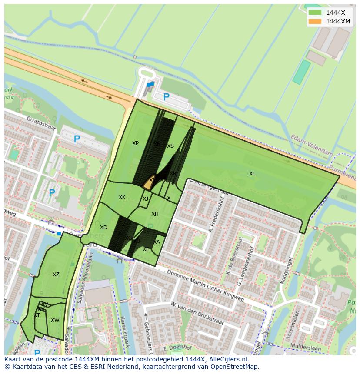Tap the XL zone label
pos(252,174)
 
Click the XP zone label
pos(135,143)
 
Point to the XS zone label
pos(170,146)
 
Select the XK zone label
pos(122,197)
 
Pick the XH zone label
pos(155,214)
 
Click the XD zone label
pos(103,228)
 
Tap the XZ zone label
pos(56,275)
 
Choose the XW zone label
pos(55,320)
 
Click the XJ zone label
pos(145,199)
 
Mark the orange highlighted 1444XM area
pos(148,184)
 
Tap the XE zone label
pos(146,249)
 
